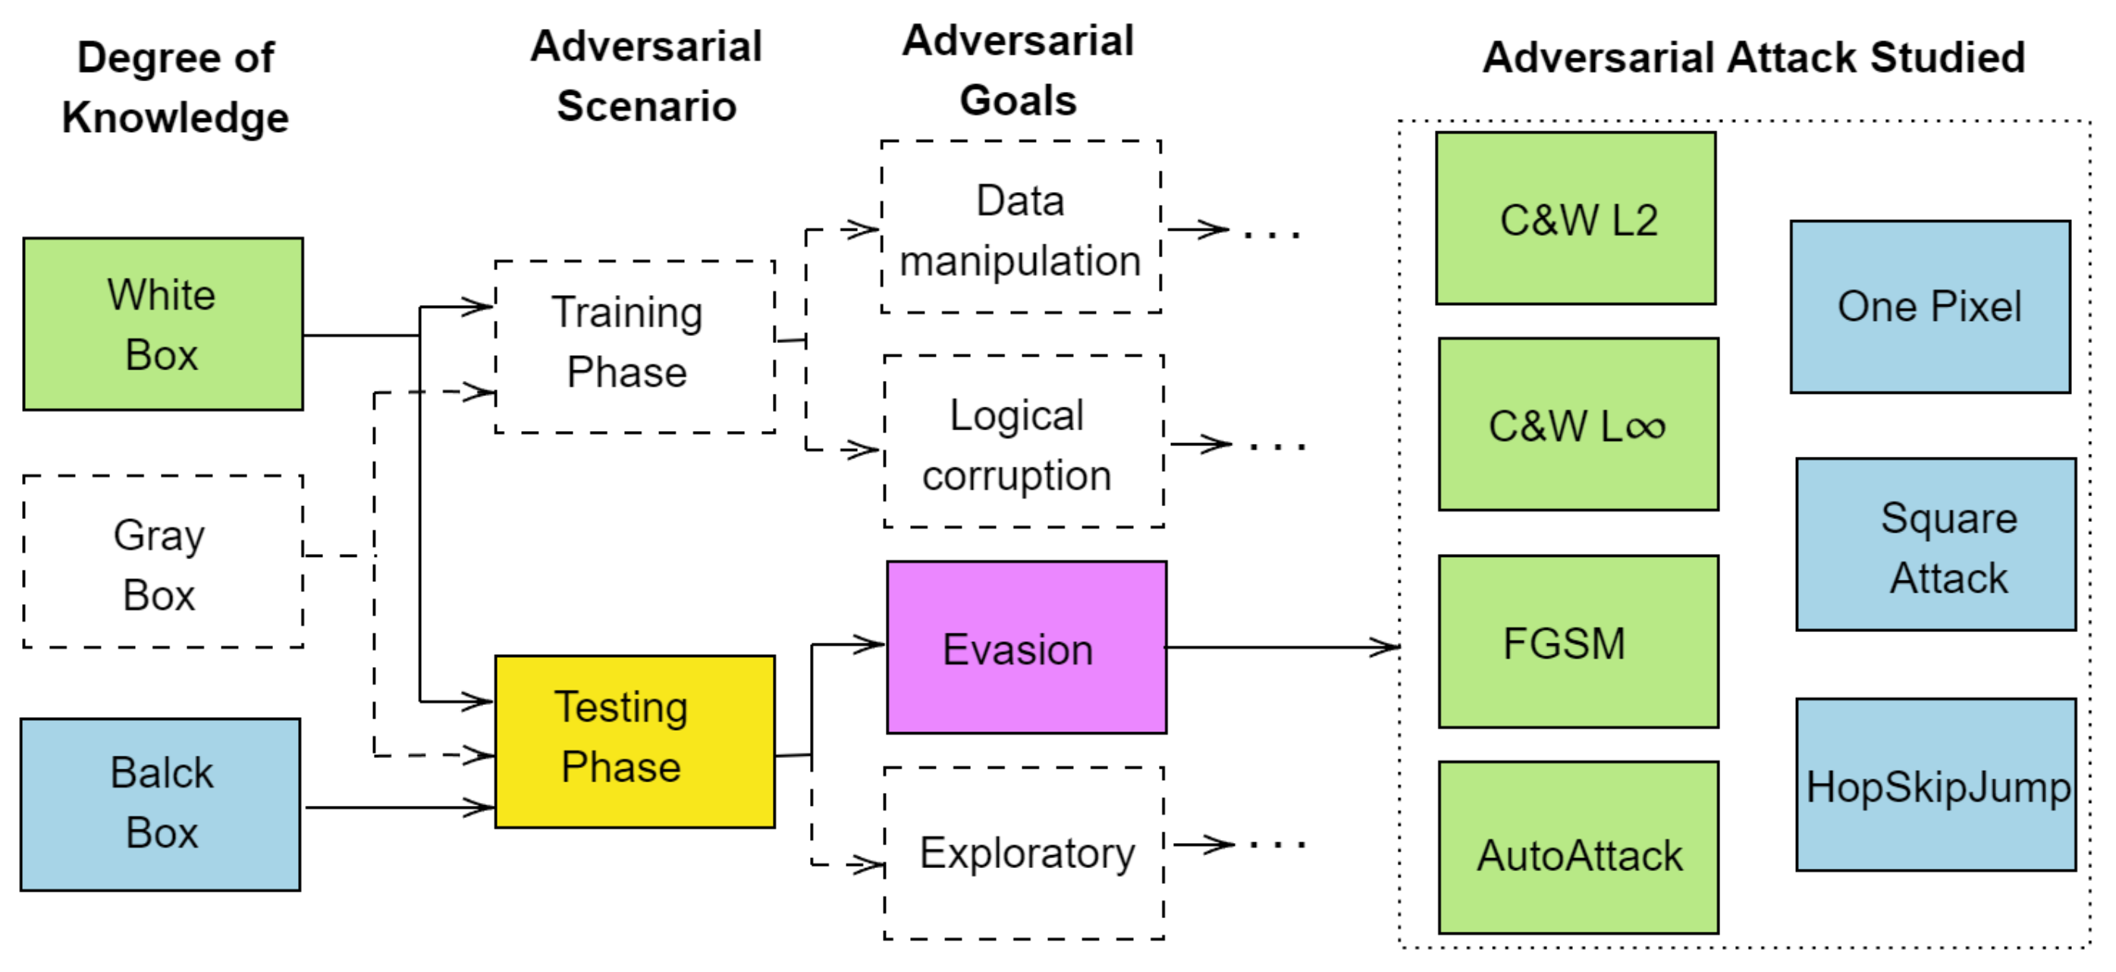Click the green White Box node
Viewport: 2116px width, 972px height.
tap(162, 324)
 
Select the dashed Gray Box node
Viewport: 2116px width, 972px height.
tap(162, 561)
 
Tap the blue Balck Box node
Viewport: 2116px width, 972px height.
tap(160, 804)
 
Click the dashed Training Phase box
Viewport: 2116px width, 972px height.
tap(634, 346)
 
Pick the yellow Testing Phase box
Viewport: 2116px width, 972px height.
tap(634, 741)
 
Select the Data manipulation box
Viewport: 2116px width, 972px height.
tap(1020, 227)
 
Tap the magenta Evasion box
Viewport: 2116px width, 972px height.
tap(1026, 647)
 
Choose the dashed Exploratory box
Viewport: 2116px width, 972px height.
tap(1024, 853)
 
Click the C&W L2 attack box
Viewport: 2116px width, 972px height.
tap(1575, 219)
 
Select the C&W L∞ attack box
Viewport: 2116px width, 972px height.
tap(1578, 424)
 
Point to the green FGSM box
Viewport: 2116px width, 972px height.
tap(1578, 642)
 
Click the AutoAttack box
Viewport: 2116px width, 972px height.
tap(1578, 847)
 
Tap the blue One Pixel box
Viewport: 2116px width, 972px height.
tap(1929, 307)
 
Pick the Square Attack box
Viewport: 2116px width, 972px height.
tap(1935, 544)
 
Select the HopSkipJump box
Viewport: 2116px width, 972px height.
tap(1935, 785)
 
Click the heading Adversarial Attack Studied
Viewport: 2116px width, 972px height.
tap(1753, 58)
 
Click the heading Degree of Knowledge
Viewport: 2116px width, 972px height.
tap(175, 87)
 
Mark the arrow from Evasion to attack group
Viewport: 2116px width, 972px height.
tap(1282, 647)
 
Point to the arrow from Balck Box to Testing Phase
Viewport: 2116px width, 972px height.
tap(398, 807)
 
